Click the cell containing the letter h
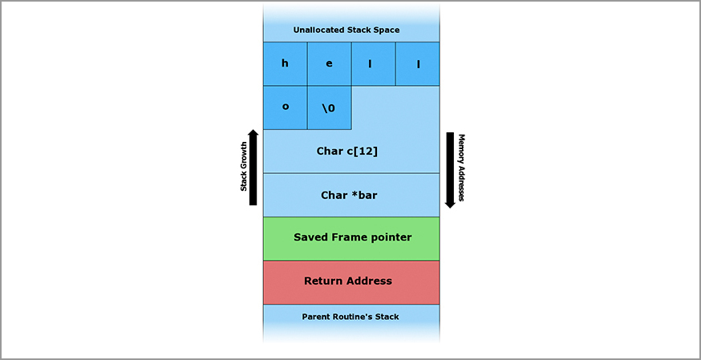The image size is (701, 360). pyautogui.click(x=285, y=64)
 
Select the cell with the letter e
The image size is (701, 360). pyautogui.click(x=329, y=64)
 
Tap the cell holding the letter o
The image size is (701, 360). pyautogui.click(x=285, y=107)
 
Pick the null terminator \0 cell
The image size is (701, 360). pyautogui.click(x=329, y=107)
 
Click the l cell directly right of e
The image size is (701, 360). pyautogui.click(x=373, y=64)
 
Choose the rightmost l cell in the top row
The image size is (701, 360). pyautogui.click(x=417, y=64)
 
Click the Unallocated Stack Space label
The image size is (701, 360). pyautogui.click(x=346, y=30)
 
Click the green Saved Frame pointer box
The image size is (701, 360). pyautogui.click(x=351, y=237)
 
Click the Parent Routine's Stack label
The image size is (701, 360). pyautogui.click(x=350, y=317)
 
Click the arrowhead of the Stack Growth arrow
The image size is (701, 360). pyautogui.click(x=253, y=134)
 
